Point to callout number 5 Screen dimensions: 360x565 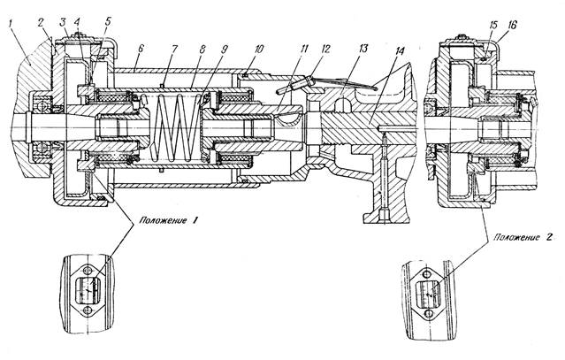(x=108, y=19)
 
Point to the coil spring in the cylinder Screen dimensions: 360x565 (x=175, y=137)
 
